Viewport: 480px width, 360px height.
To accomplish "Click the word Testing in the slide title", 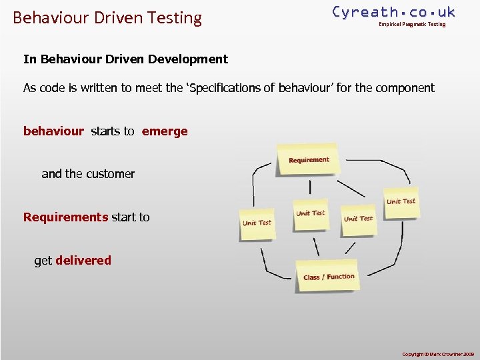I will [x=176, y=18].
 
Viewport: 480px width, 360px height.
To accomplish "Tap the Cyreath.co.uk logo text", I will [x=393, y=12].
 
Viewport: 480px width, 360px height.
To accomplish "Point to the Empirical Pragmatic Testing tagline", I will [x=412, y=25].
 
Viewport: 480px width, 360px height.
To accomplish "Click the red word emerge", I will [x=165, y=131].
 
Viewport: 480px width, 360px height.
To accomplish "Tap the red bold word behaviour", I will [x=53, y=131].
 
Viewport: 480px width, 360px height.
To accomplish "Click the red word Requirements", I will [x=65, y=217].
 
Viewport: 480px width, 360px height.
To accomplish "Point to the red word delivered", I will [x=83, y=261].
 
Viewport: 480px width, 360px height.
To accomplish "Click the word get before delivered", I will [x=43, y=261].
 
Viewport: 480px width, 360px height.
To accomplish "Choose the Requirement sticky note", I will [x=309, y=160].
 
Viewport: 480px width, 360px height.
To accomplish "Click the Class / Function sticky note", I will [x=328, y=275].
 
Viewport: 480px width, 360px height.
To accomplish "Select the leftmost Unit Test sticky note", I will [x=257, y=223].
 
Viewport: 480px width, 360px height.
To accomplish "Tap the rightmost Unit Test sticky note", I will [x=401, y=201].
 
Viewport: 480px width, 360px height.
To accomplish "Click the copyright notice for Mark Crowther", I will [x=437, y=353].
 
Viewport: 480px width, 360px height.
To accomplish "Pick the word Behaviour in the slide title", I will [x=44, y=18].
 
